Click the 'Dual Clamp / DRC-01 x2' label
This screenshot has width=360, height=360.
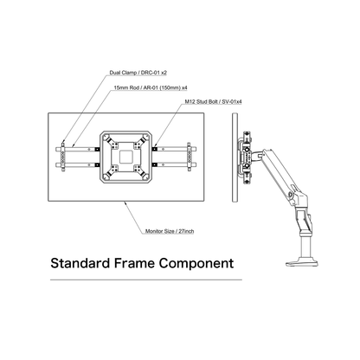(x=138, y=73)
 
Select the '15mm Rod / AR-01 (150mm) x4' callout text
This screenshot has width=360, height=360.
(x=151, y=87)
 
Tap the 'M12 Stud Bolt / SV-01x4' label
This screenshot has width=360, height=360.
(x=213, y=101)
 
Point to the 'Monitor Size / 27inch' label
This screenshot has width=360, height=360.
(x=170, y=231)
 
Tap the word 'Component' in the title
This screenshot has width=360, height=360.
(x=196, y=264)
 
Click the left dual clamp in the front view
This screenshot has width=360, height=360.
(x=63, y=157)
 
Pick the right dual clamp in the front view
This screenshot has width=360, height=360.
(x=189, y=157)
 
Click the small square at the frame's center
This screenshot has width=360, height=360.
(x=125, y=157)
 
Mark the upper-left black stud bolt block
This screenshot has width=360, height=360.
(x=98, y=149)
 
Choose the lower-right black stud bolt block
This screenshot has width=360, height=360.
(x=154, y=164)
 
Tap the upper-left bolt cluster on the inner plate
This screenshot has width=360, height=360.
(x=115, y=145)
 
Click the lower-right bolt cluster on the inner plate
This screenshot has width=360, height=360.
(x=137, y=168)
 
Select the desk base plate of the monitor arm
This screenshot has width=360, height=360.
(x=302, y=262)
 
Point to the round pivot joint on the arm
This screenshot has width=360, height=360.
(x=291, y=196)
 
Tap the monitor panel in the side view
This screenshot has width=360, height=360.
(x=235, y=157)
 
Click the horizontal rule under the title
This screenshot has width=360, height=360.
(x=146, y=280)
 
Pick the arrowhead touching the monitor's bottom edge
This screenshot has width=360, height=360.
(x=125, y=203)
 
